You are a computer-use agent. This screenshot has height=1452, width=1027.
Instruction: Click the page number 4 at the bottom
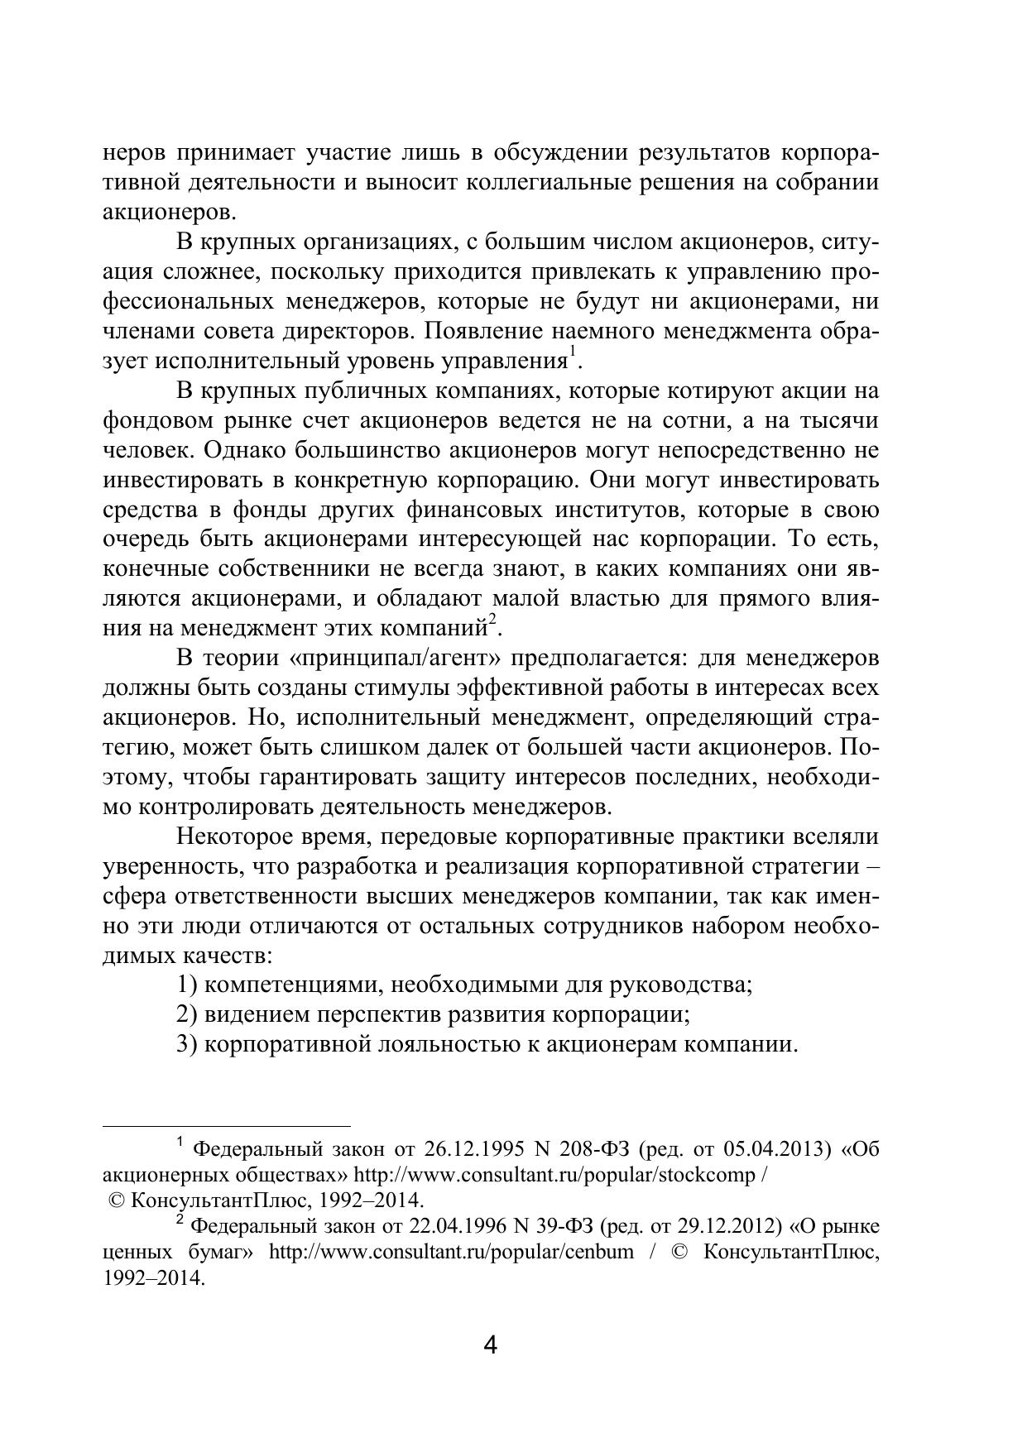pos(490,1346)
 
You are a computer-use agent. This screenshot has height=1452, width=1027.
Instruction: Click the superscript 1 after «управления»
pos(570,355)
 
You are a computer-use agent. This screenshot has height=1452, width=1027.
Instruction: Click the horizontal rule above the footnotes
pos(227,1126)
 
